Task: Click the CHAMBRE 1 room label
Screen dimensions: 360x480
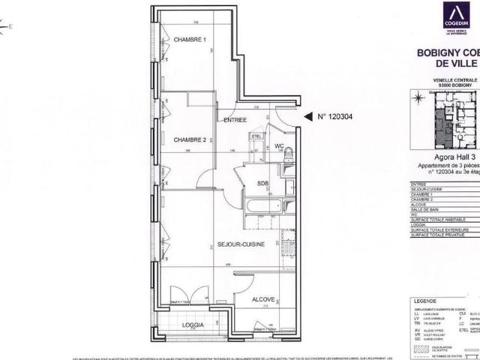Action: coord(190,40)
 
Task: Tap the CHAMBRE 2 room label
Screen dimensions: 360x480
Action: coord(190,140)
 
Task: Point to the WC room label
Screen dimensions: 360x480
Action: coord(277,145)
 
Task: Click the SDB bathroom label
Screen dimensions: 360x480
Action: coord(262,184)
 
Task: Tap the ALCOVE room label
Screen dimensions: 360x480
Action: coord(263,298)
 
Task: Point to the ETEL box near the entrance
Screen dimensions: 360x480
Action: coord(256,136)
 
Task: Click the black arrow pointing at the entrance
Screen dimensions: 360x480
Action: coord(307,116)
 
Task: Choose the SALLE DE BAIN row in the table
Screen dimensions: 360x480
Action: coord(424,209)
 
